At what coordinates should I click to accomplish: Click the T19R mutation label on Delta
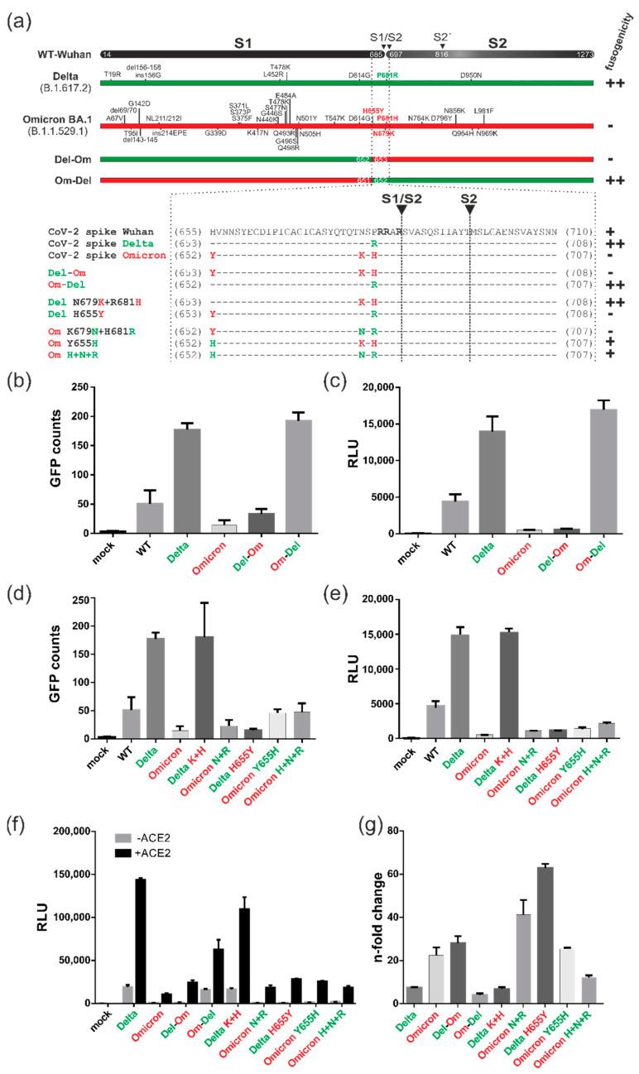pyautogui.click(x=113, y=74)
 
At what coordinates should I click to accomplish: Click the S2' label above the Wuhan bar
pyautogui.click(x=443, y=36)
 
